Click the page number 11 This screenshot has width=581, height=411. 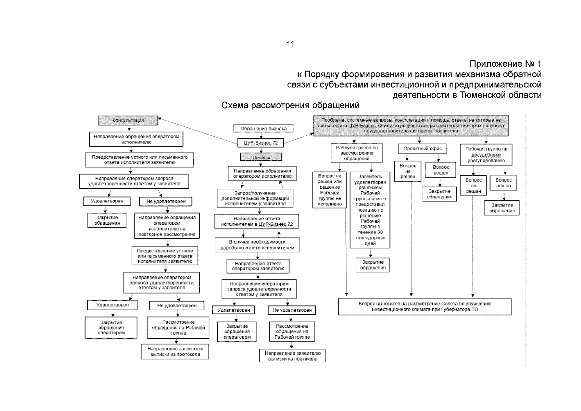click(290, 44)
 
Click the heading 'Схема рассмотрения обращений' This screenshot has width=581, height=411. click(290, 105)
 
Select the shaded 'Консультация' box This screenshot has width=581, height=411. click(128, 121)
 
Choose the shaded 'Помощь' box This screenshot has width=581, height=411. click(261, 157)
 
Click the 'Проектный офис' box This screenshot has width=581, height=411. click(422, 149)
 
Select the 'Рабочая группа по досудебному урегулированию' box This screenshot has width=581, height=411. click(486, 154)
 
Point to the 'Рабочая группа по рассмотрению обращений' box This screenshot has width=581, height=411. click(357, 153)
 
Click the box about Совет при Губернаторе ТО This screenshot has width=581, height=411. click(425, 307)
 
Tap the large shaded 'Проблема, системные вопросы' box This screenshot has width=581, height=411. click(411, 125)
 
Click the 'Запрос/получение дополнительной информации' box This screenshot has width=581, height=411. click(255, 198)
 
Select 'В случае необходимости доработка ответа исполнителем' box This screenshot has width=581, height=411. click(257, 245)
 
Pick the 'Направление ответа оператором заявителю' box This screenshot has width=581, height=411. click(258, 266)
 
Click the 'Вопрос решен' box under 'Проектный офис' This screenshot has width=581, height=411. click(441, 170)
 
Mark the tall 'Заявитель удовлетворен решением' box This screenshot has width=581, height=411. click(370, 210)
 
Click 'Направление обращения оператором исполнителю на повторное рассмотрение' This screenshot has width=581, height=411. click(167, 226)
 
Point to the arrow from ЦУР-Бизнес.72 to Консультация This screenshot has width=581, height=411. click(199, 130)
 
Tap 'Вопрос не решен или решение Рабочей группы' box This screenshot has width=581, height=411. click(330, 190)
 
